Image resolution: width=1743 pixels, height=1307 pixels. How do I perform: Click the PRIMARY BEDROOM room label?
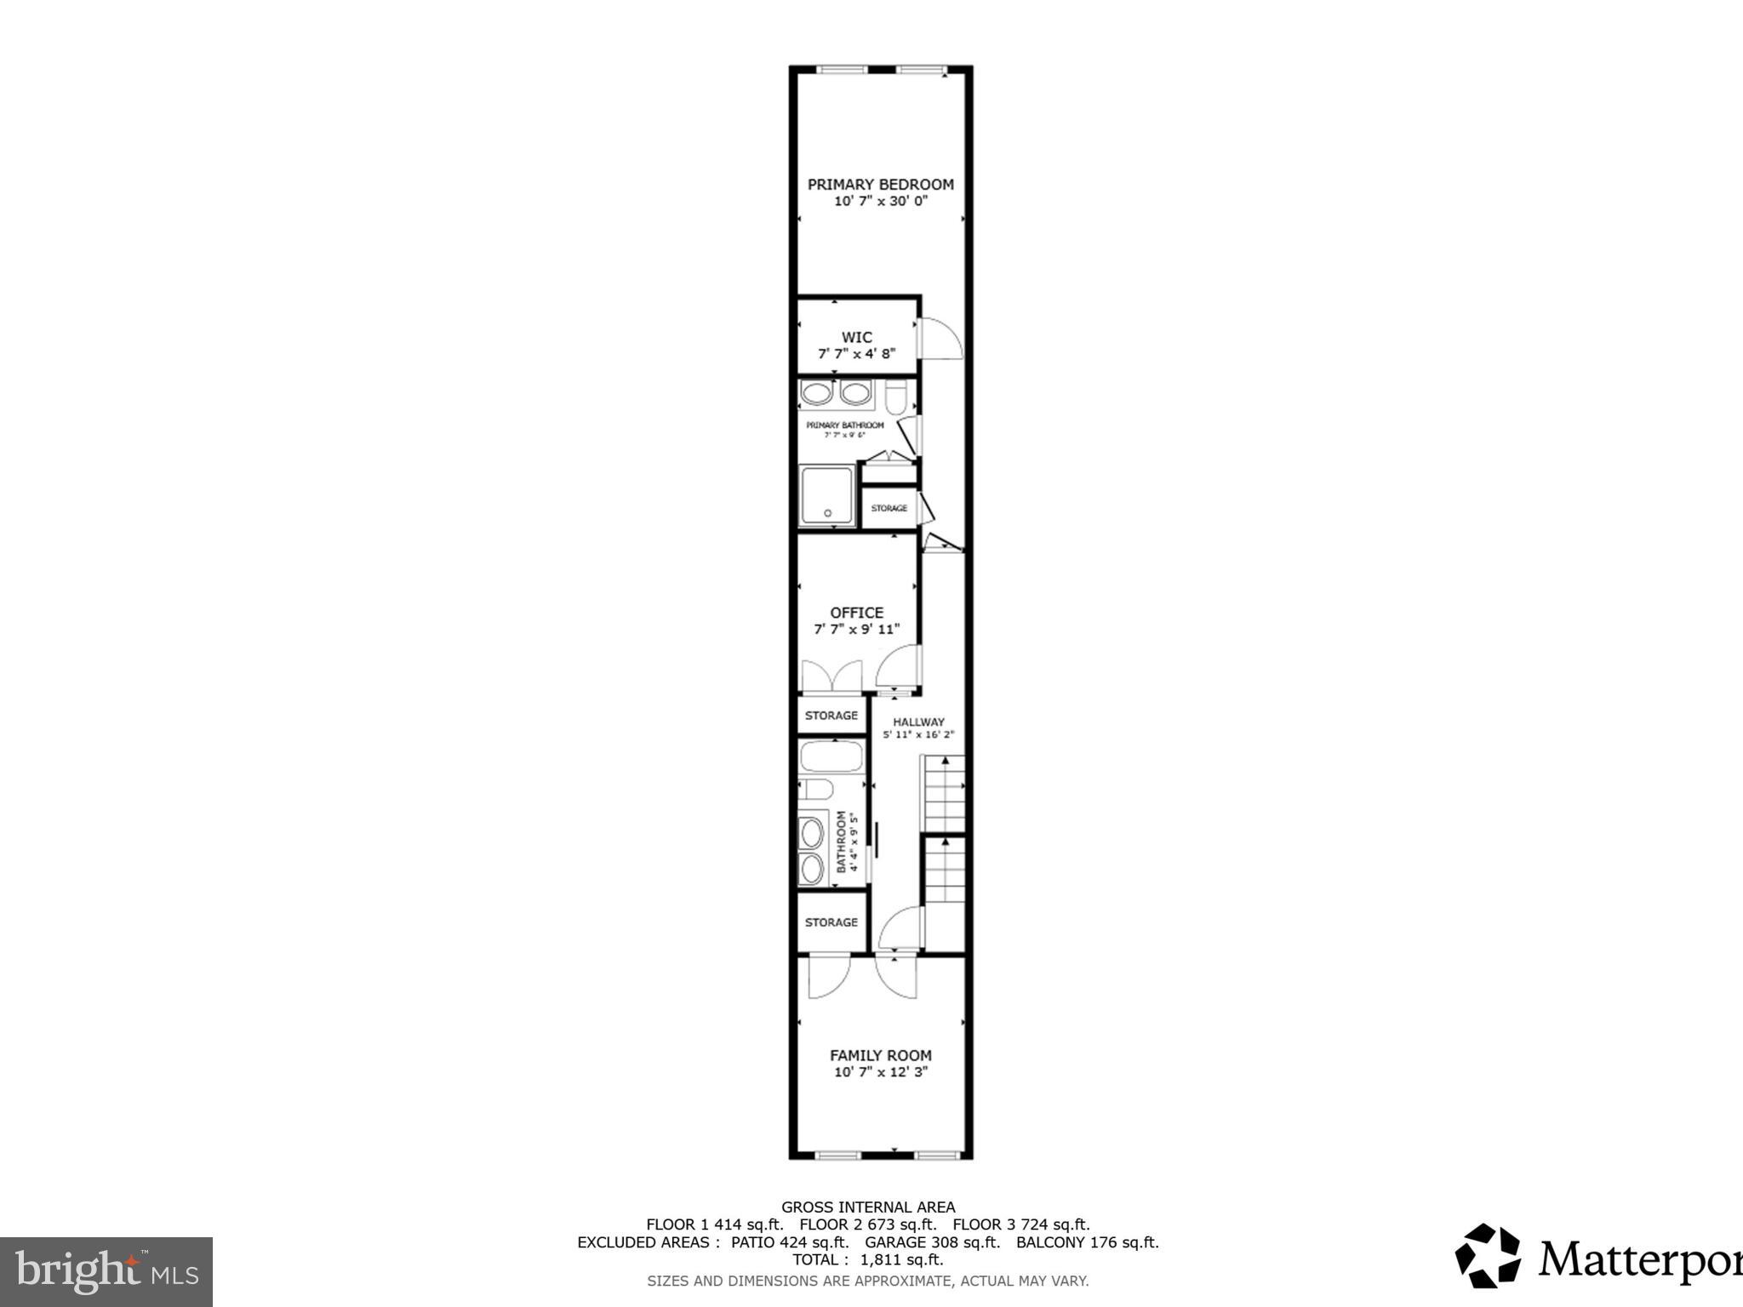tap(880, 185)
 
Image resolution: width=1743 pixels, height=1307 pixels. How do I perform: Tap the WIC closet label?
tap(856, 338)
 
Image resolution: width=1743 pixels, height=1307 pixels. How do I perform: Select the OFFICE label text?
tap(856, 613)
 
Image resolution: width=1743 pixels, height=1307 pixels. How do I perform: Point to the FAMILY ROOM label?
tap(880, 1055)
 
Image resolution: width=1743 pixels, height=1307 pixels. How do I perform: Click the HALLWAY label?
tap(918, 722)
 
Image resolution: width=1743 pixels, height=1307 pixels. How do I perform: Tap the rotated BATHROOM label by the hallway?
tap(842, 842)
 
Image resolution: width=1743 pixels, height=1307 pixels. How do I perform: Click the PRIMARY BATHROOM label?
tap(845, 425)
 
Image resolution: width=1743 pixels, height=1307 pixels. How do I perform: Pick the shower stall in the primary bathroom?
tap(827, 496)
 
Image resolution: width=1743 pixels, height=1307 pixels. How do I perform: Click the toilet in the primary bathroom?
tap(897, 397)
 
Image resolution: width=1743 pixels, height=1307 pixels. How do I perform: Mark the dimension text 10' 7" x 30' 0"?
tap(880, 202)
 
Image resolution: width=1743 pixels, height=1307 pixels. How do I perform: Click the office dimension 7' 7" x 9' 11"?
tap(856, 630)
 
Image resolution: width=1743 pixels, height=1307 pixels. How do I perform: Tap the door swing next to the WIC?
tap(941, 339)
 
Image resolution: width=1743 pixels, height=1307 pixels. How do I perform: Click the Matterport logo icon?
tap(1487, 1255)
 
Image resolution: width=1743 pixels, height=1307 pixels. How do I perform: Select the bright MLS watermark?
tap(106, 1271)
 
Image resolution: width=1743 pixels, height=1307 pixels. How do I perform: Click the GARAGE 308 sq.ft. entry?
tap(932, 1242)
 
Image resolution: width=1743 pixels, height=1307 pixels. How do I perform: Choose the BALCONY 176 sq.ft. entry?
tap(1087, 1242)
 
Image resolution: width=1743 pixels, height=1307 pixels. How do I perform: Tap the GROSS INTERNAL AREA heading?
tap(868, 1207)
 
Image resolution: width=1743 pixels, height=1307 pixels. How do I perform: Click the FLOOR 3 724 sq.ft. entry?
tap(1020, 1224)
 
